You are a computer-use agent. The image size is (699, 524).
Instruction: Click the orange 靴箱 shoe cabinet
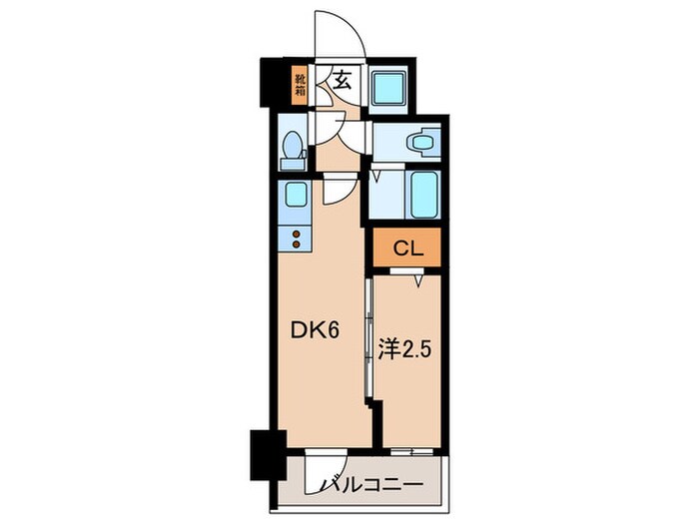(300, 84)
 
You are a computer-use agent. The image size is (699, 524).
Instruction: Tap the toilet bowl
(293, 150)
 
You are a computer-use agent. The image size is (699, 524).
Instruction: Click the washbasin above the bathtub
(422, 143)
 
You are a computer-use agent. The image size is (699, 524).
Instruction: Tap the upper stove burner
(296, 233)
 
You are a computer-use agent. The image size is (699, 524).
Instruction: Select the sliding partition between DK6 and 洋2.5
(369, 339)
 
